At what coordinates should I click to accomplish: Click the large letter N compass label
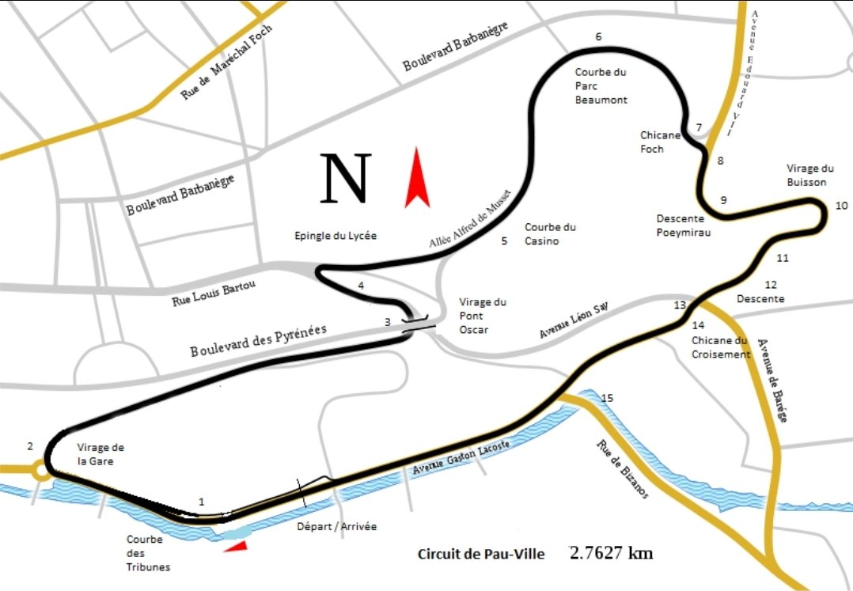(346, 179)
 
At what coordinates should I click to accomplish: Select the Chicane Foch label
(660, 142)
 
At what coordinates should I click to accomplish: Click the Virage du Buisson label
(807, 175)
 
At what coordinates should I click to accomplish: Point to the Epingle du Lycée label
(335, 236)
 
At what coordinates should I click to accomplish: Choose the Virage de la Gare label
(100, 453)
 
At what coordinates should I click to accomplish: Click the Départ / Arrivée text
(336, 526)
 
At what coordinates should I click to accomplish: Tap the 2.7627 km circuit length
(612, 552)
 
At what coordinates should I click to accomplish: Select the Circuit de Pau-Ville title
(481, 554)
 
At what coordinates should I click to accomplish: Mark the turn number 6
(598, 36)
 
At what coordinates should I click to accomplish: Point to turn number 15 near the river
(608, 398)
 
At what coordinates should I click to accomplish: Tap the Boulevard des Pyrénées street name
(258, 341)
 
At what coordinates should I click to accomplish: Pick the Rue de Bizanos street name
(622, 468)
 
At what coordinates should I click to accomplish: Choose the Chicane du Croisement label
(719, 347)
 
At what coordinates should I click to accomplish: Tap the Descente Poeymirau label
(684, 225)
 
